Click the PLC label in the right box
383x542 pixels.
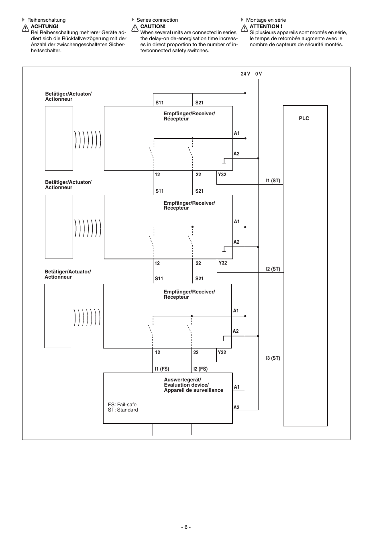tap(304, 118)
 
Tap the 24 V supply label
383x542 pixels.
tap(245, 74)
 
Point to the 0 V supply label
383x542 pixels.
tap(259, 74)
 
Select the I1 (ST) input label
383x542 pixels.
tap(273, 181)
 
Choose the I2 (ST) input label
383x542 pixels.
tap(273, 269)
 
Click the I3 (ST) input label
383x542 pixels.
tap(273, 358)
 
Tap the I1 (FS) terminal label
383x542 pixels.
tap(162, 369)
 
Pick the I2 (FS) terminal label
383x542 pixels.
tap(200, 369)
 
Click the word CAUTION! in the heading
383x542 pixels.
tap(153, 26)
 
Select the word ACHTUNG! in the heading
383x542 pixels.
tap(44, 26)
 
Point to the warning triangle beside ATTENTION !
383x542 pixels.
tap(244, 29)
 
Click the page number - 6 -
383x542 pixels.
tap(185, 527)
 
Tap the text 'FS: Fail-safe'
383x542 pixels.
tap(122, 405)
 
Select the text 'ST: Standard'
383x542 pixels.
tap(122, 410)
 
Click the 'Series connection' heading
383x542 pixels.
tap(157, 20)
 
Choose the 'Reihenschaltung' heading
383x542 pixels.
tap(46, 20)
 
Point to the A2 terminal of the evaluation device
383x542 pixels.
tap(236, 408)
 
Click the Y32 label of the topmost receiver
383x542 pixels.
tap(222, 175)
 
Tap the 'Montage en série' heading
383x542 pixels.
tap(266, 20)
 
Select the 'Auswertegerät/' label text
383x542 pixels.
tap(182, 380)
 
